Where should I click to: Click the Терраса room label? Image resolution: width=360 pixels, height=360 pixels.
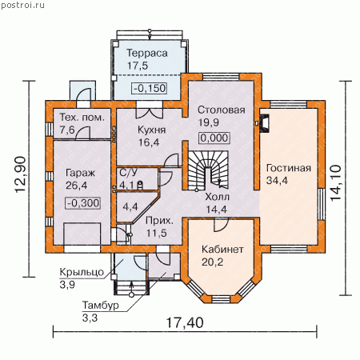(147, 53)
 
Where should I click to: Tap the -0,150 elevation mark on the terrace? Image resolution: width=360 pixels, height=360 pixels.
(150, 88)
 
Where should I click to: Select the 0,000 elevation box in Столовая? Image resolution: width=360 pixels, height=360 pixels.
(214, 138)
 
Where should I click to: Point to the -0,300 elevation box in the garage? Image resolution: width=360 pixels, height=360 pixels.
(83, 203)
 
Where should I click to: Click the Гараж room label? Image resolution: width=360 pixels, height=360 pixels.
(80, 173)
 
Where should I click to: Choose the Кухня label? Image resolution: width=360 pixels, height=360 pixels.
(151, 130)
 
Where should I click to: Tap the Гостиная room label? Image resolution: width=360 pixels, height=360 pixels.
(289, 168)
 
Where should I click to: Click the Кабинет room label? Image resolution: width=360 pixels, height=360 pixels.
(222, 250)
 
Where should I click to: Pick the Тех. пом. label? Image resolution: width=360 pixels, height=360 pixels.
(82, 118)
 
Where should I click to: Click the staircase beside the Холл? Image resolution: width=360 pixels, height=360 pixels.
(208, 170)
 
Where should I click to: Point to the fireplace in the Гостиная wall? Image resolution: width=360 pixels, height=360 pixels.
(264, 123)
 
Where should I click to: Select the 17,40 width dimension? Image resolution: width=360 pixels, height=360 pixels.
(185, 322)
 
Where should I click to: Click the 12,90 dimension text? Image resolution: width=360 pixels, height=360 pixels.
(21, 174)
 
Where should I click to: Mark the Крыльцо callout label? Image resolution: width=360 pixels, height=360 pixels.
(82, 272)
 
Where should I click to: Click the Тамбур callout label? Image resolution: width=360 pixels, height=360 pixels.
(100, 305)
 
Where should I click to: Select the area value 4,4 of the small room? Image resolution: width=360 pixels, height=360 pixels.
(130, 206)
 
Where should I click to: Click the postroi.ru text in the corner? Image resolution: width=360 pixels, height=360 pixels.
(22, 5)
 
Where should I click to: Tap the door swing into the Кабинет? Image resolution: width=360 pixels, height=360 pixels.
(221, 225)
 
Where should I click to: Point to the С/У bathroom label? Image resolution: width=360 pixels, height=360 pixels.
(128, 173)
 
